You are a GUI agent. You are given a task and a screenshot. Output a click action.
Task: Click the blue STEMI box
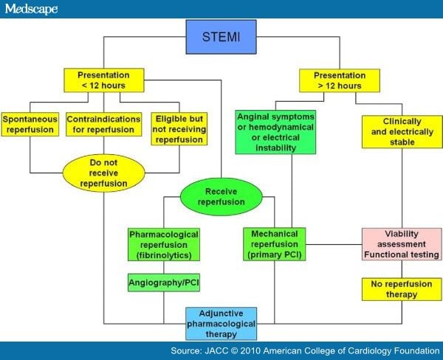[x=221, y=37]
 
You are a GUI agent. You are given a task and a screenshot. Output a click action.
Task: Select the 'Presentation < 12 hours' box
[x=104, y=80]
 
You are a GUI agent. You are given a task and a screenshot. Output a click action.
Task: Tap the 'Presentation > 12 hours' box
[x=340, y=80]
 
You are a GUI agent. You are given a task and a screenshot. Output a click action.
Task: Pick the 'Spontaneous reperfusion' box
[x=30, y=124]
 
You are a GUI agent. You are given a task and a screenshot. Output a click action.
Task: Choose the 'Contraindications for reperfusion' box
[x=103, y=124]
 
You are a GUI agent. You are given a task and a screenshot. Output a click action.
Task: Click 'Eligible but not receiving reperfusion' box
[x=179, y=129]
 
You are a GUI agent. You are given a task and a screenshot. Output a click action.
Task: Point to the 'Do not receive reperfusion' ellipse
[x=103, y=173]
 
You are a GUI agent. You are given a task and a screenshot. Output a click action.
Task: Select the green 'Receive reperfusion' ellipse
[x=221, y=197]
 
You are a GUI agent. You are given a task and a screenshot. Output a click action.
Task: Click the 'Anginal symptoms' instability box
[x=275, y=132]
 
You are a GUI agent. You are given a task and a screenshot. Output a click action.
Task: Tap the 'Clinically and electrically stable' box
[x=402, y=132]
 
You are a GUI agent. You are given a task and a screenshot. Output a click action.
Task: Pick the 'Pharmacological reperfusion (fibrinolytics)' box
[x=164, y=244]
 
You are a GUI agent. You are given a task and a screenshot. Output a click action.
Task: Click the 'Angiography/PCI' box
[x=164, y=283]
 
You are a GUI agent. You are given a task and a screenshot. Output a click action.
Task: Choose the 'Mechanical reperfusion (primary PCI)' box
[x=275, y=244]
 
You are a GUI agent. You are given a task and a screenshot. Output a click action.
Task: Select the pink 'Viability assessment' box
[x=402, y=244]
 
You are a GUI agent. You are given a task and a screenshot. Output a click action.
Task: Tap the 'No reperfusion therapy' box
[x=402, y=289]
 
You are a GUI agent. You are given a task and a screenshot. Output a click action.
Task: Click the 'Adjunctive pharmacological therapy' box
[x=221, y=324]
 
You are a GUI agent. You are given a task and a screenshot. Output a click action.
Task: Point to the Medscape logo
[x=31, y=9]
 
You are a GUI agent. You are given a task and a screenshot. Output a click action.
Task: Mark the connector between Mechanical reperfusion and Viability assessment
[x=334, y=244]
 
